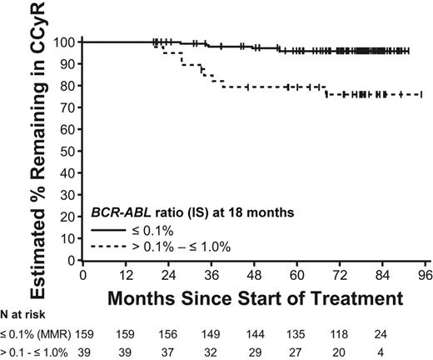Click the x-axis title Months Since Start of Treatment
[x=253, y=294]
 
